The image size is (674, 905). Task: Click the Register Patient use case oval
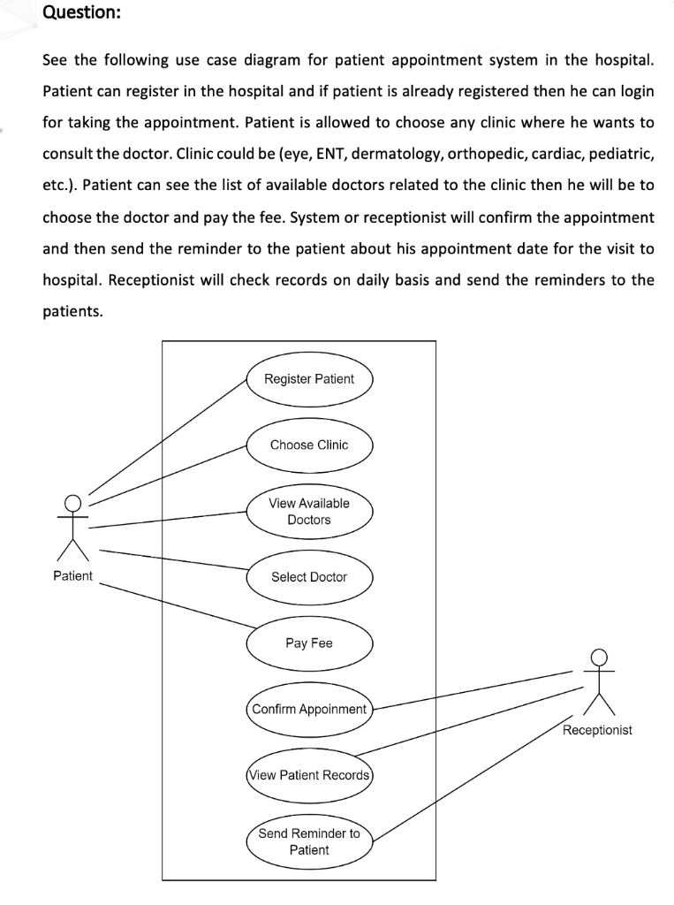tap(309, 379)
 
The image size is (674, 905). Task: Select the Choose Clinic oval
tap(309, 445)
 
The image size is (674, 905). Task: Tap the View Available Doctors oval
tap(309, 511)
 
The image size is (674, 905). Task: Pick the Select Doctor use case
tap(309, 577)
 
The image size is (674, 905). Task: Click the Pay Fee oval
tap(309, 643)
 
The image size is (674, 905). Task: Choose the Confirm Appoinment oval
tap(309, 709)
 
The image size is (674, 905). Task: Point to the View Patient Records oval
tap(309, 775)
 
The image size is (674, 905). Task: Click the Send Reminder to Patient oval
tap(309, 841)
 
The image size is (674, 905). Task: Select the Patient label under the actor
tap(72, 576)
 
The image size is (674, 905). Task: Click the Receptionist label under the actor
tap(597, 730)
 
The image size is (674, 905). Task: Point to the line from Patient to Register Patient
tap(168, 434)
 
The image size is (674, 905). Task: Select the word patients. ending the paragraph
tap(72, 311)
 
